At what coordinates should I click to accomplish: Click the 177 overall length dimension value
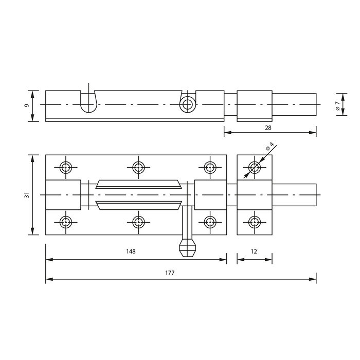tap(170, 273)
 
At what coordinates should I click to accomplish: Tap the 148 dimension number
tap(131, 251)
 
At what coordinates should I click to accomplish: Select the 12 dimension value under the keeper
tap(254, 251)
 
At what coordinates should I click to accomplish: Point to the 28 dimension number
tap(268, 128)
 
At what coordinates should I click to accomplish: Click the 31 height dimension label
tap(27, 195)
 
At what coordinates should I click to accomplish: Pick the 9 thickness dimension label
tap(27, 105)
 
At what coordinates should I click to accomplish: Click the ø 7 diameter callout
tap(337, 105)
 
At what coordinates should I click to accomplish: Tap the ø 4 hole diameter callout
tap(270, 146)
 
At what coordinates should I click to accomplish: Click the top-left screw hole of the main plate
tap(66, 167)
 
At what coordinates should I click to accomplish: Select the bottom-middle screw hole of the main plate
tap(138, 222)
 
